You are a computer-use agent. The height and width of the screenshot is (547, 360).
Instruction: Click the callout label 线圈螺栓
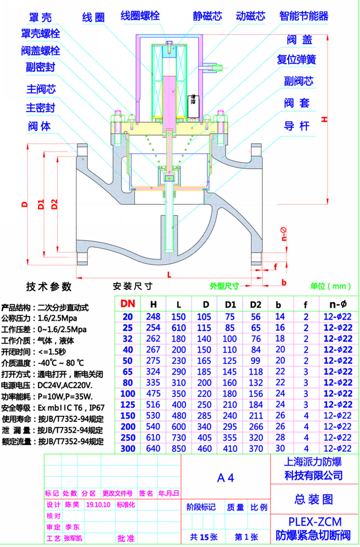(x=140, y=16)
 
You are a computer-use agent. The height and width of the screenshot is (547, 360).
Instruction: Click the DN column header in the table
(x=128, y=303)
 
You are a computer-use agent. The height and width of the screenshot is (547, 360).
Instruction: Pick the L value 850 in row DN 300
(x=179, y=448)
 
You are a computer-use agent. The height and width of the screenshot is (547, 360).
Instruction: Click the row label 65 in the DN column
(x=128, y=371)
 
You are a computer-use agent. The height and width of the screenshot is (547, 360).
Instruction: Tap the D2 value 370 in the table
(x=256, y=448)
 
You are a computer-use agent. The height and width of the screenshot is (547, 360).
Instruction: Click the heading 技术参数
(x=49, y=286)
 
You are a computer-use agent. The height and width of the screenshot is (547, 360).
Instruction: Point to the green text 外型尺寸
(x=224, y=286)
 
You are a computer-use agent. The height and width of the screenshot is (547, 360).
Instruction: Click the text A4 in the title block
(x=226, y=477)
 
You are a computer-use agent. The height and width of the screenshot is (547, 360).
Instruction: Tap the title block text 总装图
(x=314, y=499)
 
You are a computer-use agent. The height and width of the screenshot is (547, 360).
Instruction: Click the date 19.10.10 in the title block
(x=99, y=505)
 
